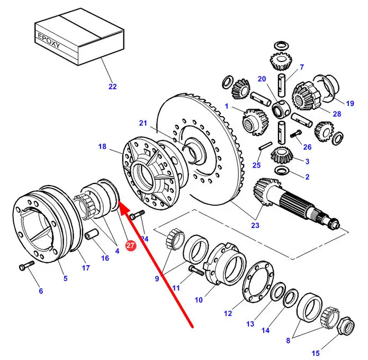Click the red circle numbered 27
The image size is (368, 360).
point(130,245)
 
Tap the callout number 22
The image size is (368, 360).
point(112,86)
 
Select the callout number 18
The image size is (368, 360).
point(103,146)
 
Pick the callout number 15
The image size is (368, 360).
point(316,353)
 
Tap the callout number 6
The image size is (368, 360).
point(40,291)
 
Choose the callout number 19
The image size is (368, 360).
point(349,103)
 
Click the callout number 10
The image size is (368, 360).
point(199,300)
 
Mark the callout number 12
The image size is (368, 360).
point(228,313)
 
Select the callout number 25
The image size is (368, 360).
point(256,165)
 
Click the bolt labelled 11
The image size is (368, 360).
point(196,271)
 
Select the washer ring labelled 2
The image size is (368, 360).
point(282,170)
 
